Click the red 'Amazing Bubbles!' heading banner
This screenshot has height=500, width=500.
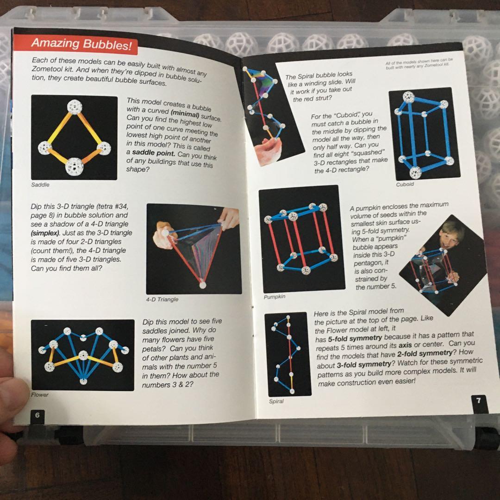point(76,44)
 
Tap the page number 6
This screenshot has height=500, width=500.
point(37,415)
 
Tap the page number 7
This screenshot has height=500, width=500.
point(478,400)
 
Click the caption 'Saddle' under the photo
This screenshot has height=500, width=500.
point(40,185)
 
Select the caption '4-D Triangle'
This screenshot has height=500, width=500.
point(162,300)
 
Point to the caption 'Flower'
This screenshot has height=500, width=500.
point(39,395)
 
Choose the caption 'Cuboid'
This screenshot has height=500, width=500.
point(405,184)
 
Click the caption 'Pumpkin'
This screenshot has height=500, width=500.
point(274,297)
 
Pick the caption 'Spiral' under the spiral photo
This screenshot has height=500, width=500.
point(276,401)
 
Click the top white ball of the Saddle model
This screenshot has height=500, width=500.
point(74,106)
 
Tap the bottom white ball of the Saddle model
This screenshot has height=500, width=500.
point(74,167)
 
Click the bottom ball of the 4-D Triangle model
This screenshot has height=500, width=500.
point(203,284)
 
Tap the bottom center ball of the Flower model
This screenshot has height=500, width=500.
point(83,381)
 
